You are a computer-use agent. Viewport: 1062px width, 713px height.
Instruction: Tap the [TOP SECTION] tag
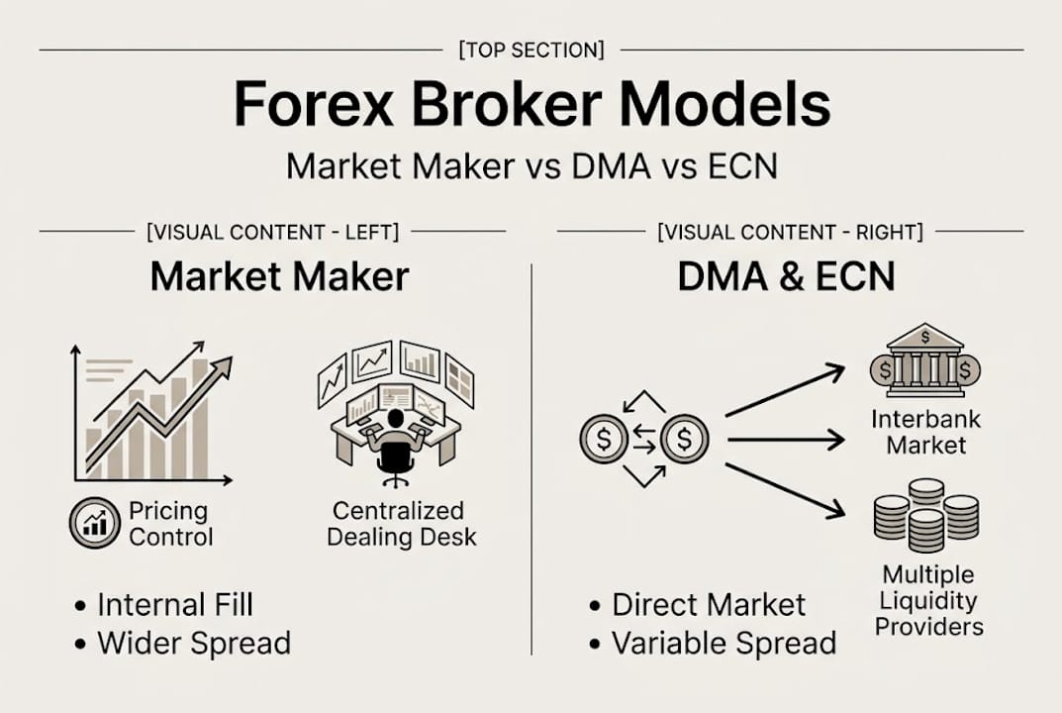click(x=531, y=49)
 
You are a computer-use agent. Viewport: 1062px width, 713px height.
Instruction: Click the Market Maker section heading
click(x=279, y=276)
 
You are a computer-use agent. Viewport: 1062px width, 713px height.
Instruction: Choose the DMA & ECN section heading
click(x=786, y=276)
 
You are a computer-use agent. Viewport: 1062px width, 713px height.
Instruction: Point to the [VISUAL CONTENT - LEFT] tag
click(x=271, y=233)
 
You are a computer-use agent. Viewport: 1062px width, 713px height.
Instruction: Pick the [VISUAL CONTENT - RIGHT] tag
click(x=789, y=233)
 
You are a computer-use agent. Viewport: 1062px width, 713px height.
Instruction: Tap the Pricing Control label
click(x=170, y=525)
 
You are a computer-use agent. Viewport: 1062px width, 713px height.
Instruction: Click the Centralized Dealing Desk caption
click(x=400, y=525)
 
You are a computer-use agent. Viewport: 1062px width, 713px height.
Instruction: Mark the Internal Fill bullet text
click(x=175, y=604)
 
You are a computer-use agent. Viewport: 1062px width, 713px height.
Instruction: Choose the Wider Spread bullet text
click(x=194, y=644)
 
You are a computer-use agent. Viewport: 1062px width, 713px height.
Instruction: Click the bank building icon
click(x=924, y=357)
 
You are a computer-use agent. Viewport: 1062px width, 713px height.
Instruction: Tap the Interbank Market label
click(x=925, y=432)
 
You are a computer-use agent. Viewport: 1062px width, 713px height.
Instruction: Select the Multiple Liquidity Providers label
click(x=928, y=601)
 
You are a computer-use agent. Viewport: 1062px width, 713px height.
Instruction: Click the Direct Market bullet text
click(x=709, y=604)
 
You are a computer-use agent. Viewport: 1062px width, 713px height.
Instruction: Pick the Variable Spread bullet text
click(x=724, y=644)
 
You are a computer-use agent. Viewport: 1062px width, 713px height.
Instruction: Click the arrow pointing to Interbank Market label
click(x=786, y=440)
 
